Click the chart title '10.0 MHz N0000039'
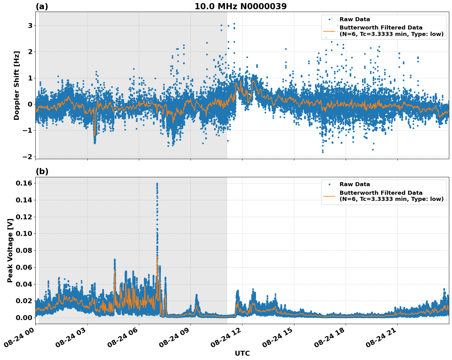coord(240,6)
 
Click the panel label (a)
coord(42,6)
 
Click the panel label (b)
coord(42,171)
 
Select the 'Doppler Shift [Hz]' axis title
coord(17,85)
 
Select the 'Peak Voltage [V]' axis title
coord(10,250)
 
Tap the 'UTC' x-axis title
coord(242,353)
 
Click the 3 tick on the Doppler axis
coord(30,25)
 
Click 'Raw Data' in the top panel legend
coord(355,19)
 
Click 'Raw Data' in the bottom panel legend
coord(355,184)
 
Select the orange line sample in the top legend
coord(329,31)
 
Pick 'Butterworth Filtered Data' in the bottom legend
coord(381,193)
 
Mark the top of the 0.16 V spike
coord(157,184)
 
